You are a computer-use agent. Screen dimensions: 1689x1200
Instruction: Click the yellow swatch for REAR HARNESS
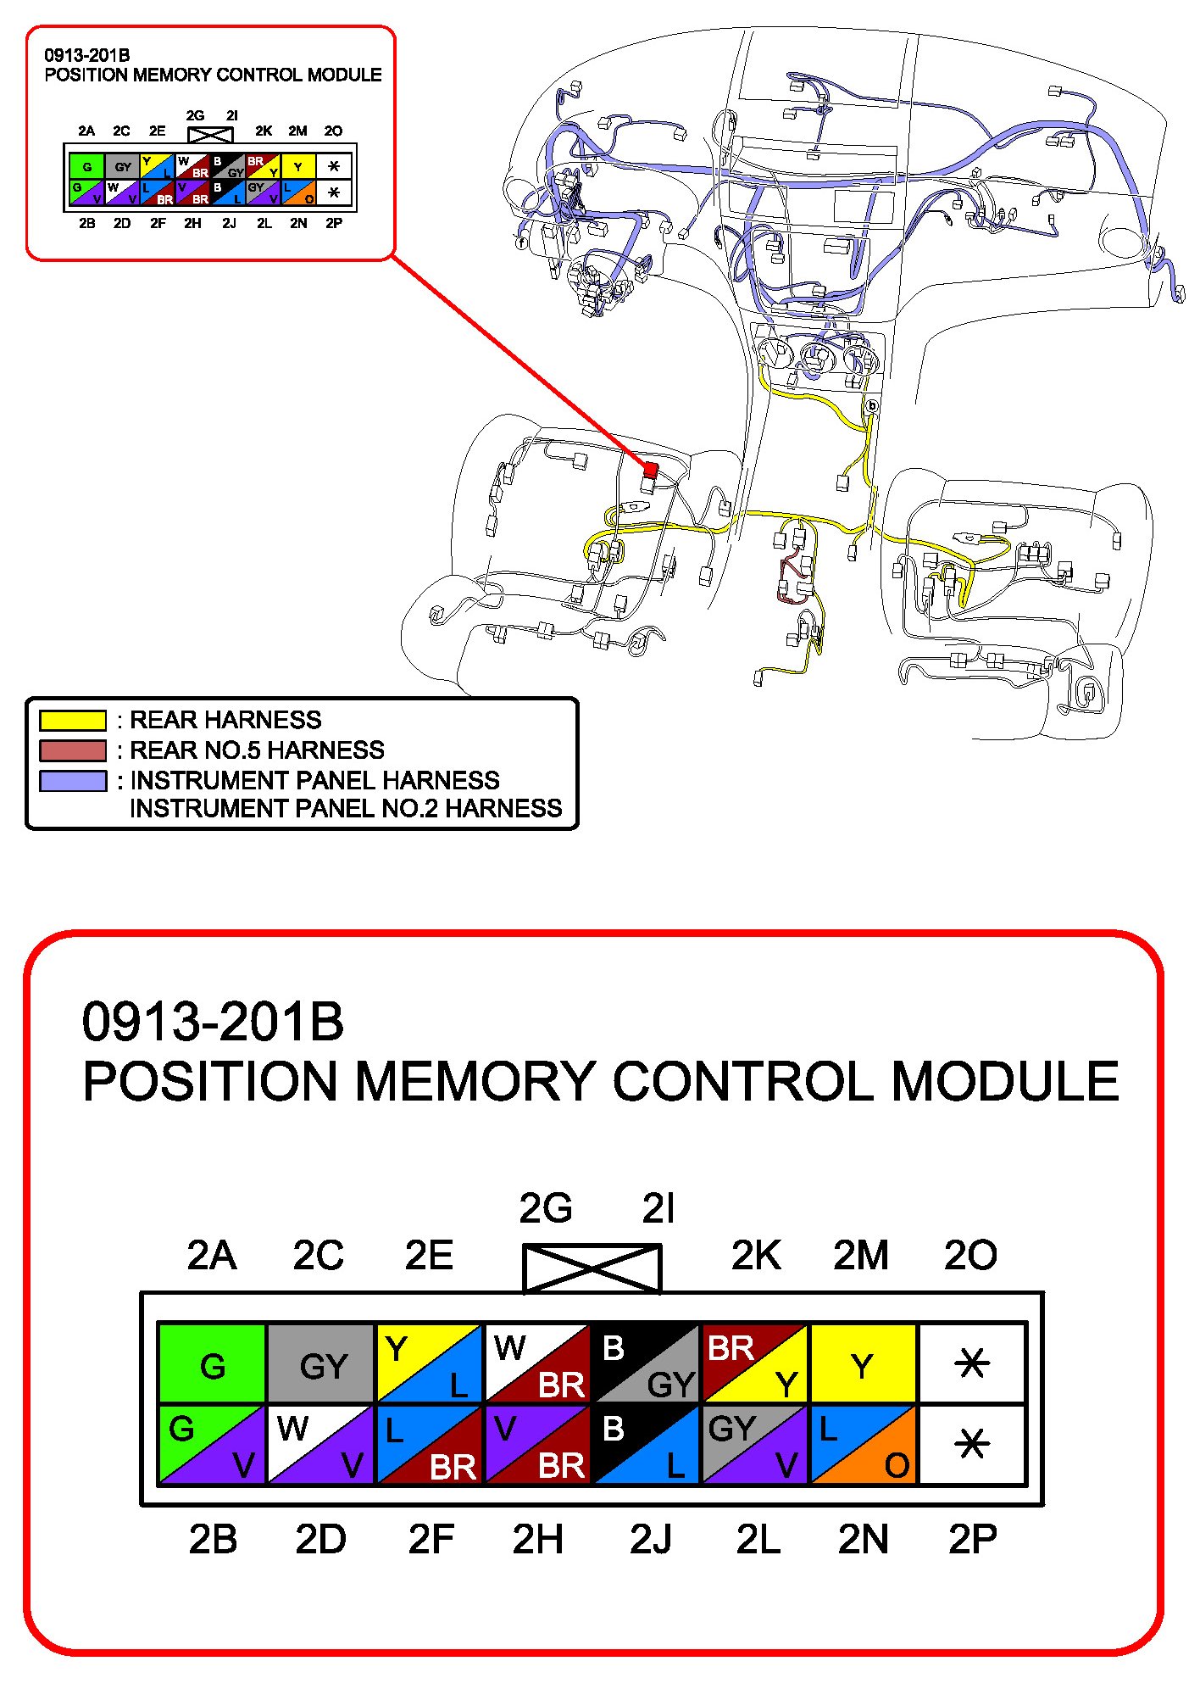(73, 720)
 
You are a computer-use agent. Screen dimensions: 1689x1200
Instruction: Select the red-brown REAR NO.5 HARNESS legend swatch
(73, 750)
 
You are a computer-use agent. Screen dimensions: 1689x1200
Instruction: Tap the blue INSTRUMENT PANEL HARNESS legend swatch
(73, 780)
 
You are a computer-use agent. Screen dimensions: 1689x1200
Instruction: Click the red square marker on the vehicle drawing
(651, 470)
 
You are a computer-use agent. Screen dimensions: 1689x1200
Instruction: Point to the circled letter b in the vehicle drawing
(871, 406)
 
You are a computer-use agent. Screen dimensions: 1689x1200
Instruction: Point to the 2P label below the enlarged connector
(973, 1540)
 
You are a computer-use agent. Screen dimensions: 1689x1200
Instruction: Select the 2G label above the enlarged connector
(546, 1208)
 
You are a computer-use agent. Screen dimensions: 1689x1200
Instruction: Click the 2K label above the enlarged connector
(756, 1256)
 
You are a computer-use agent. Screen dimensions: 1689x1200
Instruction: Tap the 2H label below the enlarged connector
(537, 1540)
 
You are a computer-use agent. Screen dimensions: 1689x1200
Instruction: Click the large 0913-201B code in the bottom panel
(213, 1022)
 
